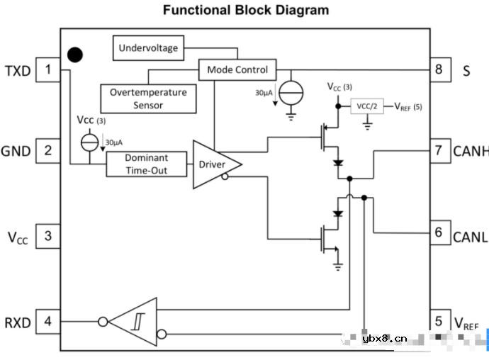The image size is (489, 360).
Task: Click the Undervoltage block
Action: pyautogui.click(x=147, y=48)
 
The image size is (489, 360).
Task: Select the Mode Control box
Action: pyautogui.click(x=237, y=69)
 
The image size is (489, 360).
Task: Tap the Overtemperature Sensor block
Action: pyautogui.click(x=148, y=99)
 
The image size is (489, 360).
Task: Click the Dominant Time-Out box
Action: pyautogui.click(x=147, y=164)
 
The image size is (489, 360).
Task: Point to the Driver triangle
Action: pyautogui.click(x=213, y=164)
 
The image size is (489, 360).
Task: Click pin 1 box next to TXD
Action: pyautogui.click(x=48, y=69)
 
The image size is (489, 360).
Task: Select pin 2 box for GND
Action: pyautogui.click(x=48, y=150)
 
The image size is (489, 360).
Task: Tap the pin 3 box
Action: pyautogui.click(x=48, y=236)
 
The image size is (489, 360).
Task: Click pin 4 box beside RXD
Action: pyautogui.click(x=48, y=321)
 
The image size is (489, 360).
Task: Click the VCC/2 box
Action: pyautogui.click(x=367, y=106)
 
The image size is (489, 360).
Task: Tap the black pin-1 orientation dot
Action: pyautogui.click(x=74, y=55)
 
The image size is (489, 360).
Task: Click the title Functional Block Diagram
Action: pyautogui.click(x=245, y=10)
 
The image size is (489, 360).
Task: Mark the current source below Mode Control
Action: pyautogui.click(x=291, y=92)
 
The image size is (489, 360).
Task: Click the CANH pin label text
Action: pyautogui.click(x=471, y=151)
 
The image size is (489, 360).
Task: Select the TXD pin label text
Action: pyautogui.click(x=18, y=70)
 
